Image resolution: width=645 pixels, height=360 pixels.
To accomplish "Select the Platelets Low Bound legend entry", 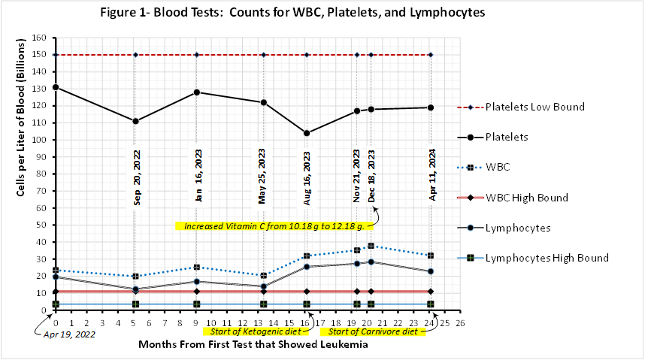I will tap(534, 107).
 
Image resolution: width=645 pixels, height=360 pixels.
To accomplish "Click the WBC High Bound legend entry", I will tap(526, 198).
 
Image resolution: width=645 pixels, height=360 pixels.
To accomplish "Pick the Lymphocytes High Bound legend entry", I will tap(547, 258).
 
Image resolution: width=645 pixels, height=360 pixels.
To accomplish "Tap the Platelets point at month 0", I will tap(56, 87).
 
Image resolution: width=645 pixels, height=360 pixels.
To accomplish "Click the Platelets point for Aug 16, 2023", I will tap(307, 133).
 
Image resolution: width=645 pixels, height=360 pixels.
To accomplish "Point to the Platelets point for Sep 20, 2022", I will tap(135, 121).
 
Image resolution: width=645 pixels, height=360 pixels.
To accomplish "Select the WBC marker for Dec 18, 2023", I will tap(371, 246).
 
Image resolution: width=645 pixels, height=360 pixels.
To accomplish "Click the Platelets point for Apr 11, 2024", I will tap(431, 107).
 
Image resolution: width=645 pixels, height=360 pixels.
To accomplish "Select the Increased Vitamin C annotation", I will tap(274, 225).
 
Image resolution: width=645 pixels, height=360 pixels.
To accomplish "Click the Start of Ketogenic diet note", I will tap(252, 331).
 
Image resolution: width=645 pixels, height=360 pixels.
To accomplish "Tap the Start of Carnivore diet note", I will tap(371, 331).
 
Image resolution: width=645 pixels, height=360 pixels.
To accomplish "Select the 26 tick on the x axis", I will tap(460, 323).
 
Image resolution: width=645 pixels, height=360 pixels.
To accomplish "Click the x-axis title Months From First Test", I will tap(257, 345).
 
